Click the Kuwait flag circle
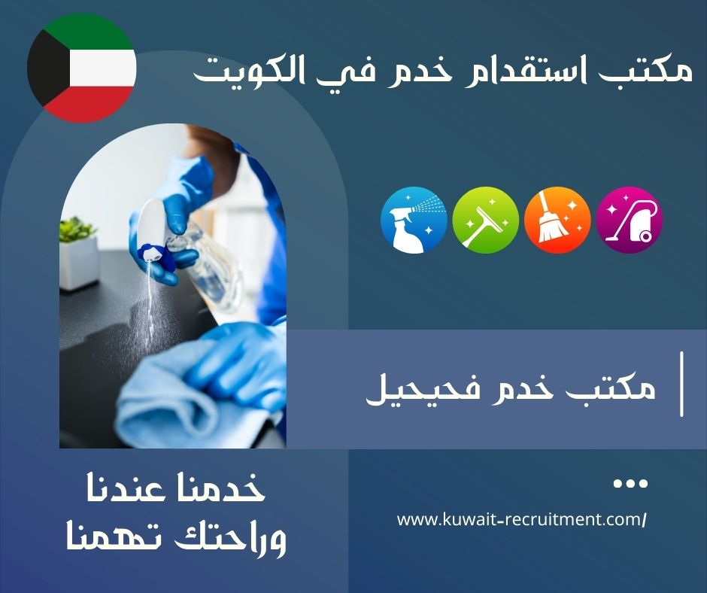[82, 68]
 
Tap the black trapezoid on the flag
[47, 68]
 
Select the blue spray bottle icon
[414, 220]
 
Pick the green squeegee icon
[486, 220]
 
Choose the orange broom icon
[557, 220]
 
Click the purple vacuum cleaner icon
[630, 220]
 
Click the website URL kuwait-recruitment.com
[522, 519]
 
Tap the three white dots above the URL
[630, 484]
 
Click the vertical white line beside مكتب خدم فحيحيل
[681, 384]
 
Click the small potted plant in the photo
[78, 254]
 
